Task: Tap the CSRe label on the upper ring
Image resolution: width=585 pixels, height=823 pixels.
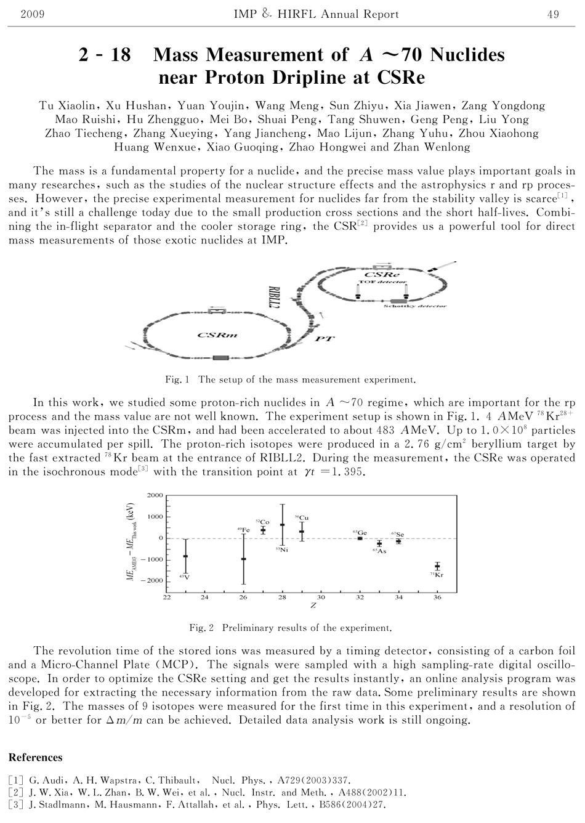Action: [x=382, y=274]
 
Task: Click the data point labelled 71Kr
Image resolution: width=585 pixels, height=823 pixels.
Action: [x=437, y=566]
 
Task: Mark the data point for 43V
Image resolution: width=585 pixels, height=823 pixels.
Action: [x=186, y=556]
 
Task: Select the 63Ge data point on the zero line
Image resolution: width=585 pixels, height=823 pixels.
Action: [x=360, y=538]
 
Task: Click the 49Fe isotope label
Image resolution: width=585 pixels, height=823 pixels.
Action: [x=243, y=530]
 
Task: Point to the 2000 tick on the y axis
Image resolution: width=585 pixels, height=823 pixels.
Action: [x=156, y=495]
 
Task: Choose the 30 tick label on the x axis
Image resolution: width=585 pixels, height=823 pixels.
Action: [x=321, y=597]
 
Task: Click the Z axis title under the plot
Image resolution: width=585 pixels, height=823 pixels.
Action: [x=313, y=606]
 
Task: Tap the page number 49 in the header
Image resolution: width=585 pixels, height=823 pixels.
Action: [x=552, y=14]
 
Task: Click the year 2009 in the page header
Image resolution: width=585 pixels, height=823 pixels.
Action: [x=32, y=14]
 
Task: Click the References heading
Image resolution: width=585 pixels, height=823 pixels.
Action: [x=35, y=758]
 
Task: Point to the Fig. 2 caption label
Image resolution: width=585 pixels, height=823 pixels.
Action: [x=201, y=628]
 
